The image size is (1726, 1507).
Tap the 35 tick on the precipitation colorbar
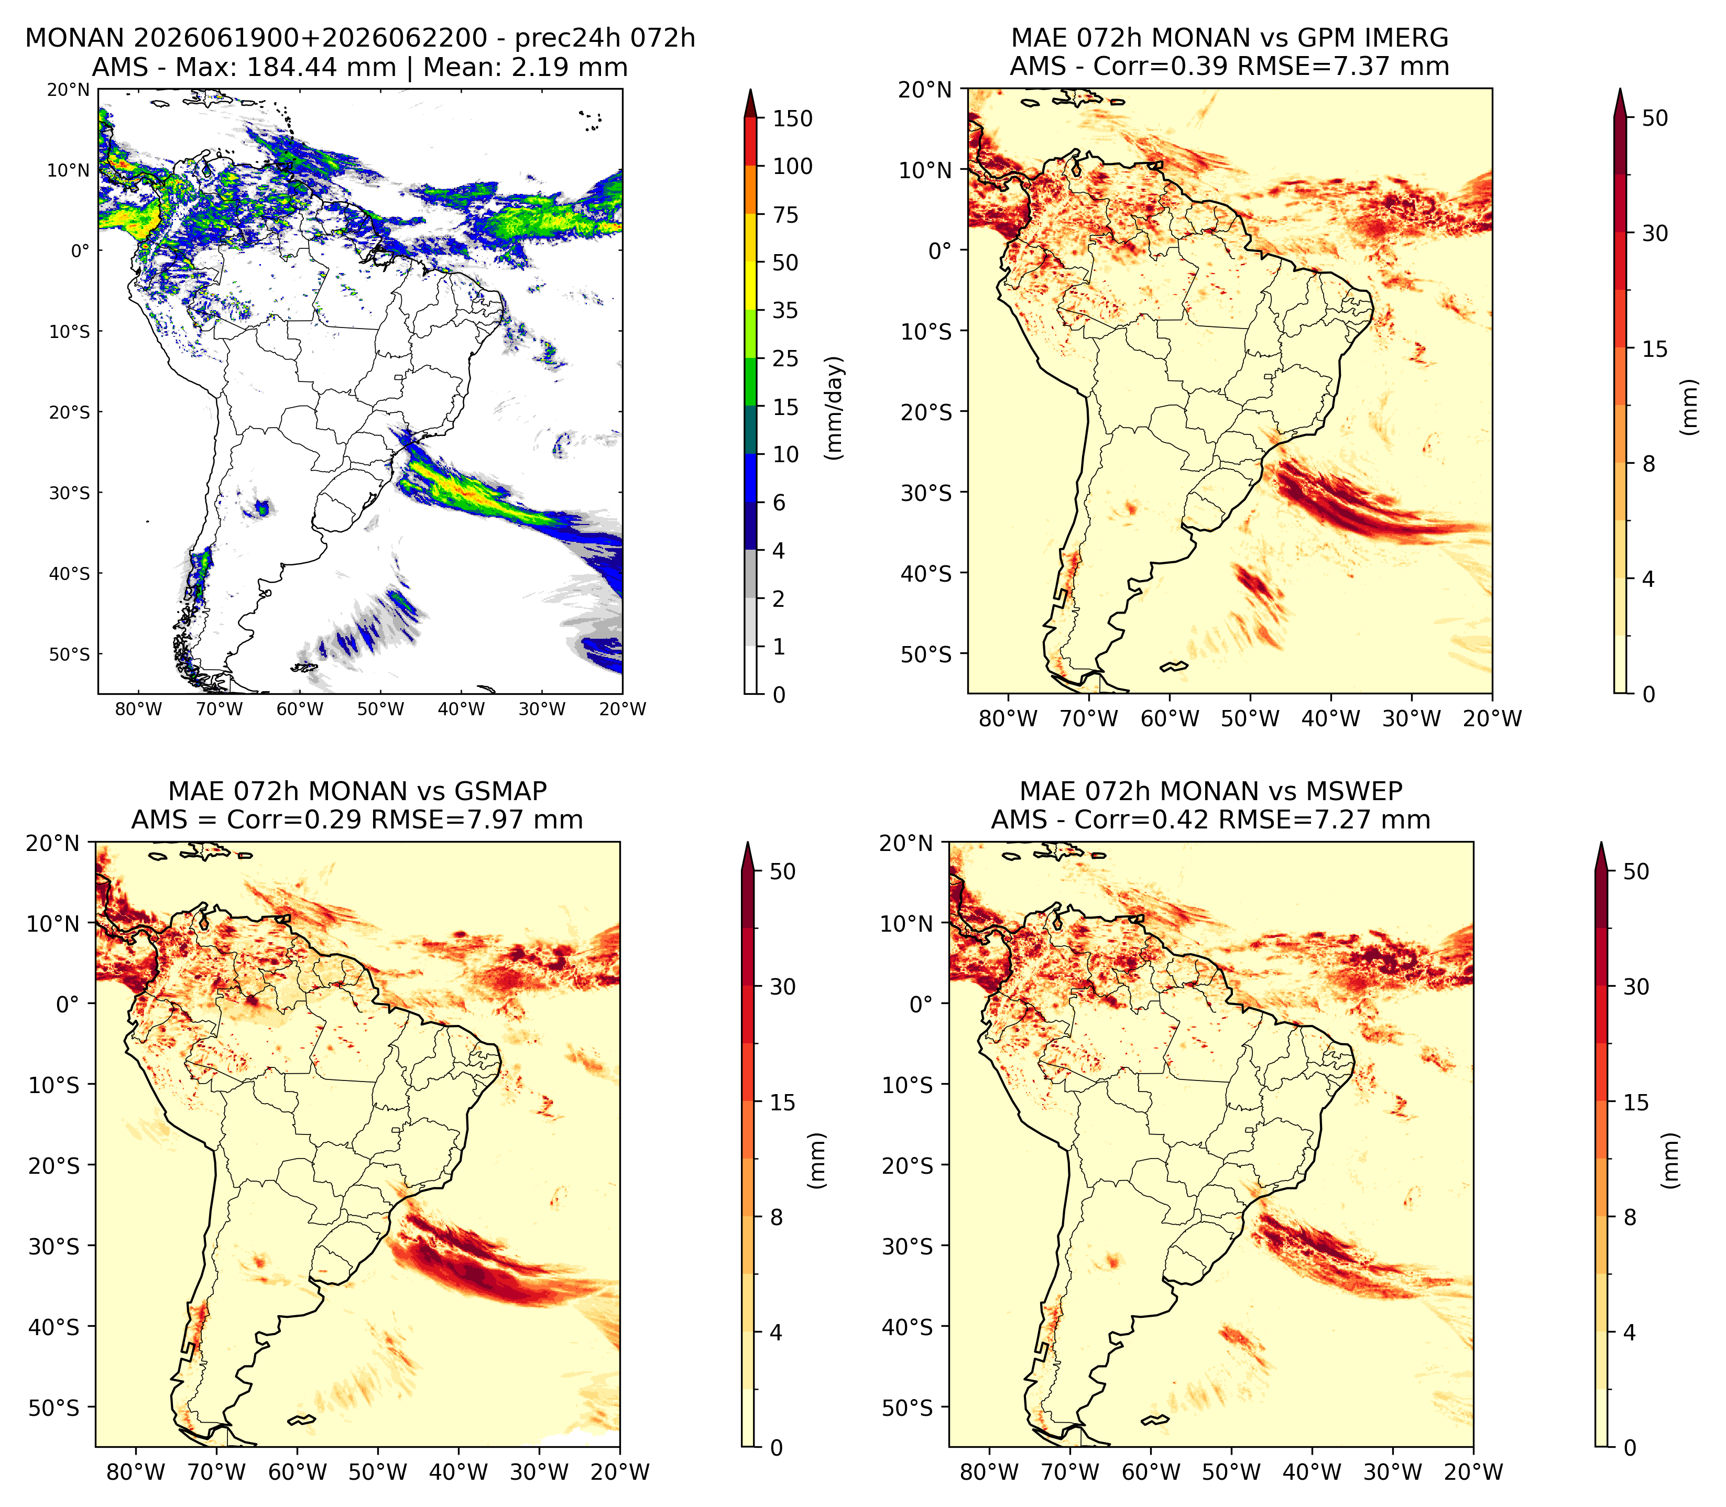(x=785, y=310)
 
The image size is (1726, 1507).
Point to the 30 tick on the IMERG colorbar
(x=1655, y=233)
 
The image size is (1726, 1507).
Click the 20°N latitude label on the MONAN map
(x=68, y=89)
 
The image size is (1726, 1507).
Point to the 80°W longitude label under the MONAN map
(x=139, y=709)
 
